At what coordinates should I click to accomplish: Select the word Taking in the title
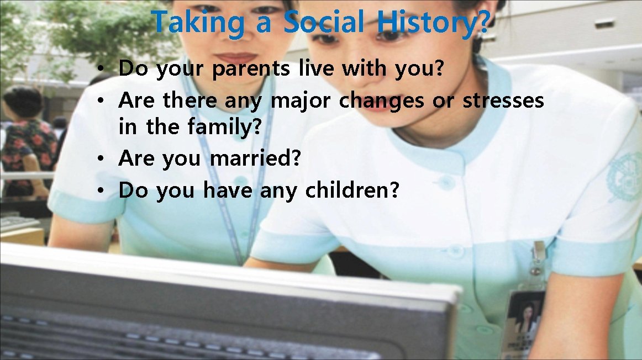pyautogui.click(x=198, y=23)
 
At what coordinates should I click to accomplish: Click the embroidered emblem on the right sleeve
pyautogui.click(x=625, y=177)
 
